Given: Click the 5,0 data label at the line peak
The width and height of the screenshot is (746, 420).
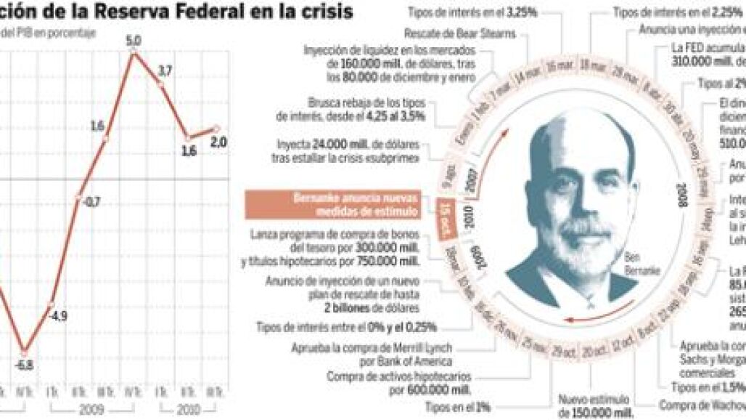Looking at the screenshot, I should click(133, 41).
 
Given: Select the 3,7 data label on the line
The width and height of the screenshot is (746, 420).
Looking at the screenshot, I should click(165, 70).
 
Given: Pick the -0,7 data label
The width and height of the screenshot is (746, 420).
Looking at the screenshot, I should click(91, 203).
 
